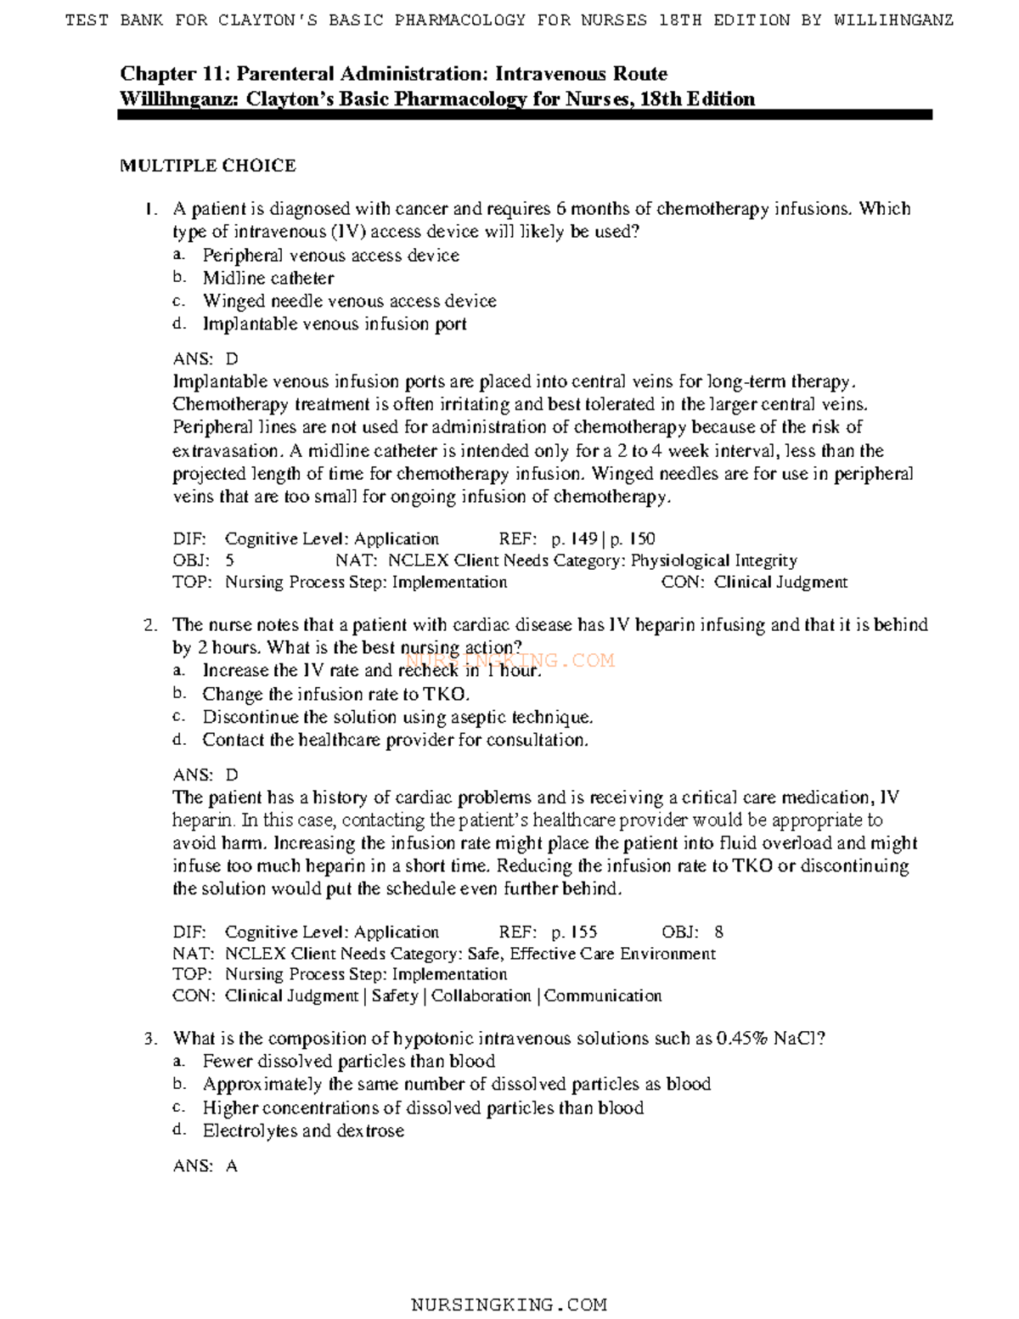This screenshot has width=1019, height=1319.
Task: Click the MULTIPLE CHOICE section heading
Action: pyautogui.click(x=207, y=166)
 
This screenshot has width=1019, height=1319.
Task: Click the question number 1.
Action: pyautogui.click(x=150, y=209)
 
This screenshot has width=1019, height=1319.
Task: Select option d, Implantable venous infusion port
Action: pyautogui.click(x=334, y=324)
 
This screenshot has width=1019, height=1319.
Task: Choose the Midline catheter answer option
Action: pyautogui.click(x=267, y=278)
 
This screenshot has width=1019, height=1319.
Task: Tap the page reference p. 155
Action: pyautogui.click(x=574, y=932)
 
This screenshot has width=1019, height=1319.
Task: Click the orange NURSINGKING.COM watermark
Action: pyautogui.click(x=509, y=660)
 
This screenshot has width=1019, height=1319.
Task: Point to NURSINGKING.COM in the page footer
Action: pyautogui.click(x=509, y=1305)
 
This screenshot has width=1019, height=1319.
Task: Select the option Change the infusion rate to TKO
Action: pyautogui.click(x=335, y=694)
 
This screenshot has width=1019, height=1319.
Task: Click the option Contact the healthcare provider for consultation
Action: pyautogui.click(x=395, y=740)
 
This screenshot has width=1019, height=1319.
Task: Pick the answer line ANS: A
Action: pyautogui.click(x=205, y=1166)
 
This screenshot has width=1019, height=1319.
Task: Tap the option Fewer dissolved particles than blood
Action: pyautogui.click(x=348, y=1061)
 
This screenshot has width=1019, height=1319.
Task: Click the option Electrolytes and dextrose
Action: pyautogui.click(x=302, y=1130)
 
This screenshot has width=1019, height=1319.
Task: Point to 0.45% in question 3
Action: pyautogui.click(x=742, y=1038)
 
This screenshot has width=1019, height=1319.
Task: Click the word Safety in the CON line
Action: pyautogui.click(x=395, y=995)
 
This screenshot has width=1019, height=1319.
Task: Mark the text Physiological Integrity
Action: pyautogui.click(x=713, y=561)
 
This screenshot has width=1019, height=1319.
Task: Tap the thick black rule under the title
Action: pyautogui.click(x=524, y=115)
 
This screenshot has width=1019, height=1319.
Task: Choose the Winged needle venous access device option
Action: pyautogui.click(x=349, y=301)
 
